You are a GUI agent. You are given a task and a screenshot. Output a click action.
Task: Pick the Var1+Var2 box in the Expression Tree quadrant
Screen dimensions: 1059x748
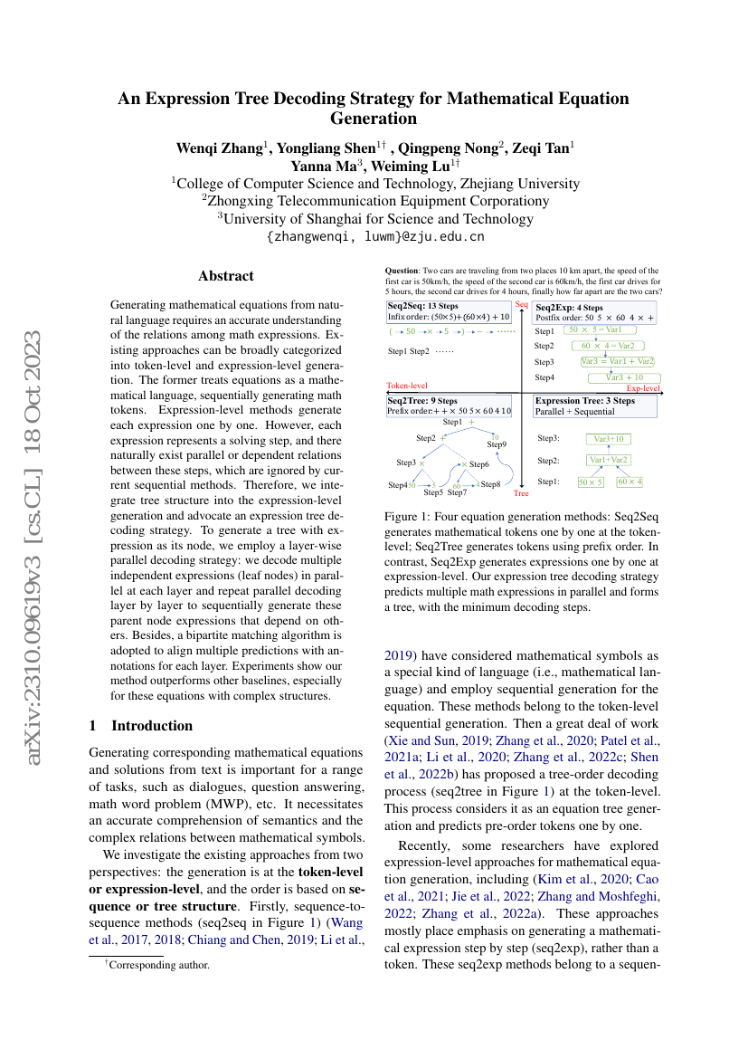609,460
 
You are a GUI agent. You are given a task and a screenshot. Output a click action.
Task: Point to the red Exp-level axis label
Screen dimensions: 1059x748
643,388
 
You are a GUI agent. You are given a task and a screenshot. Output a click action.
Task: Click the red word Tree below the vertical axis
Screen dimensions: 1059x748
521,494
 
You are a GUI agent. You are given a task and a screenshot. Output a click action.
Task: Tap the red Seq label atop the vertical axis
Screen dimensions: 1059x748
521,305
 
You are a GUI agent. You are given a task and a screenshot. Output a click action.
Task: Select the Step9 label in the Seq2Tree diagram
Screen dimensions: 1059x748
497,444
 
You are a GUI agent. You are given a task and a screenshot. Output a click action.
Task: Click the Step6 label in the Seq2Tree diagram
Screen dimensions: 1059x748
478,464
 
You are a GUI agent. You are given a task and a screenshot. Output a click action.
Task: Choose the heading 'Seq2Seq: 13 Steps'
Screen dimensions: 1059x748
422,307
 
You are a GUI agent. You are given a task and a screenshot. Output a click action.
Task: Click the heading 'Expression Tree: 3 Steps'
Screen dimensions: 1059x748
585,400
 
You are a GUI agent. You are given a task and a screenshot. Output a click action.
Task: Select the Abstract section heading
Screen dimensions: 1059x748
226,276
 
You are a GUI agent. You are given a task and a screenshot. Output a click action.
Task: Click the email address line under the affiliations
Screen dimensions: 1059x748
374,236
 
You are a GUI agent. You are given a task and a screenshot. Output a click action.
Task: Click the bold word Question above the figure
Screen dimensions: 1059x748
404,271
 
